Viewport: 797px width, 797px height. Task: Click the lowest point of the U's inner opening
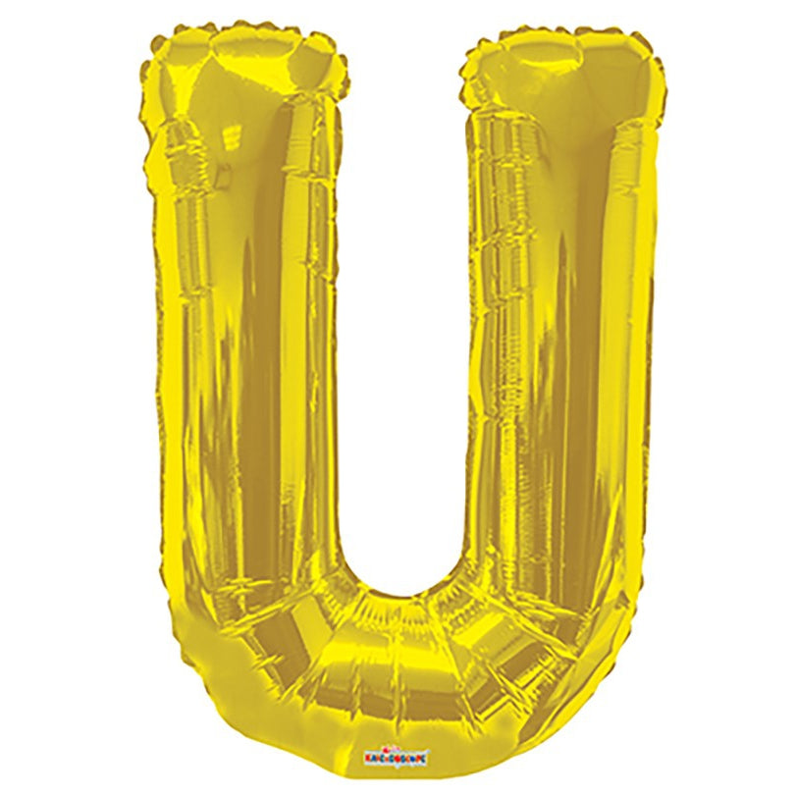pyautogui.click(x=402, y=595)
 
